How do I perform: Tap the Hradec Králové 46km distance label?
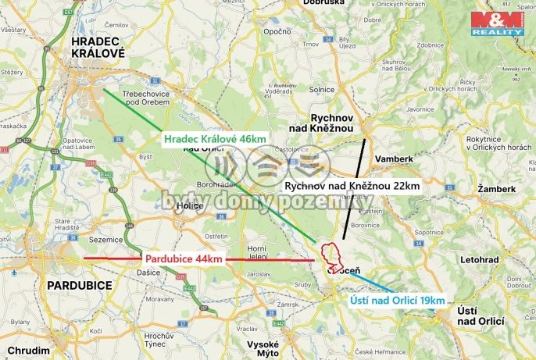click(215, 139)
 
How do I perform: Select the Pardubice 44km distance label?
click(184, 258)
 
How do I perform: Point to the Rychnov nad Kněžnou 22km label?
click(352, 187)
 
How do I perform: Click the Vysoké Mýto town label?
click(263, 348)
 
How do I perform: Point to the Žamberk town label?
click(497, 189)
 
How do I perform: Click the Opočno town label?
click(277, 32)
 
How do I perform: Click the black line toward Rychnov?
click(355, 187)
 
